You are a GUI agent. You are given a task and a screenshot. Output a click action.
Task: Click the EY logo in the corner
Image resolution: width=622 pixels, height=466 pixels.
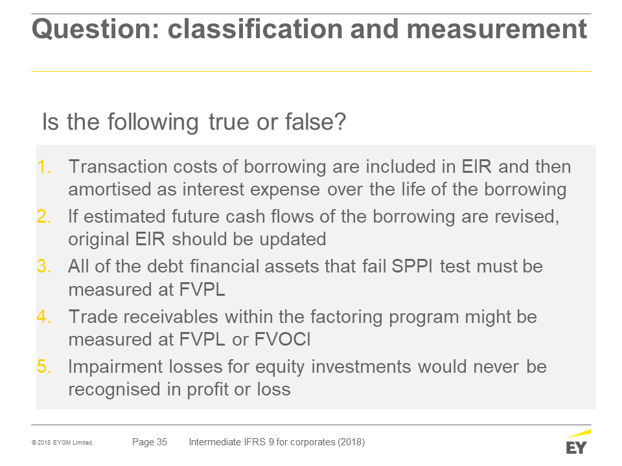tap(578, 442)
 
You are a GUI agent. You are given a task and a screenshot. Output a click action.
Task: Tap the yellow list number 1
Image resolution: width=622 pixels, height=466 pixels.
tap(44, 167)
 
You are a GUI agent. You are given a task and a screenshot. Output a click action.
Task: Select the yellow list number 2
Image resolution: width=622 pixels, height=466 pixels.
tap(44, 217)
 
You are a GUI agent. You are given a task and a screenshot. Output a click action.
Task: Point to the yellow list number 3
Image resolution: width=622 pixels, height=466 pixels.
tap(44, 266)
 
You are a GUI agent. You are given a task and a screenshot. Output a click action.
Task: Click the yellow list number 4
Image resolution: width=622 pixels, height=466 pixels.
tap(44, 316)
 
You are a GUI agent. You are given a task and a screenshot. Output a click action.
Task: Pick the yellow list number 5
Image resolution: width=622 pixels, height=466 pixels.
tap(44, 366)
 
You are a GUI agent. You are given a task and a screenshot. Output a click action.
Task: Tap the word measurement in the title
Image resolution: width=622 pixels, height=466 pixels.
tap(497, 29)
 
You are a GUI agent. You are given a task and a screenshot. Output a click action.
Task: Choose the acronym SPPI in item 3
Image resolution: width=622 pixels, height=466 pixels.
tap(412, 266)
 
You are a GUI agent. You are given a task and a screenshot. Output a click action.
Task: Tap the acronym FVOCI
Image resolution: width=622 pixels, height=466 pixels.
tap(282, 340)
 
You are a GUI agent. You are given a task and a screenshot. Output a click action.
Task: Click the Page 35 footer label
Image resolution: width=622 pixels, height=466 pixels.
tap(150, 442)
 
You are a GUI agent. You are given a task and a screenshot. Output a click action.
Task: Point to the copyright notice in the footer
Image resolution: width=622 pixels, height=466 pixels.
tap(63, 443)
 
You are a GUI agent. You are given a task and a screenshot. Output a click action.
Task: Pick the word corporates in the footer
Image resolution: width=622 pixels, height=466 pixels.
tap(312, 442)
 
